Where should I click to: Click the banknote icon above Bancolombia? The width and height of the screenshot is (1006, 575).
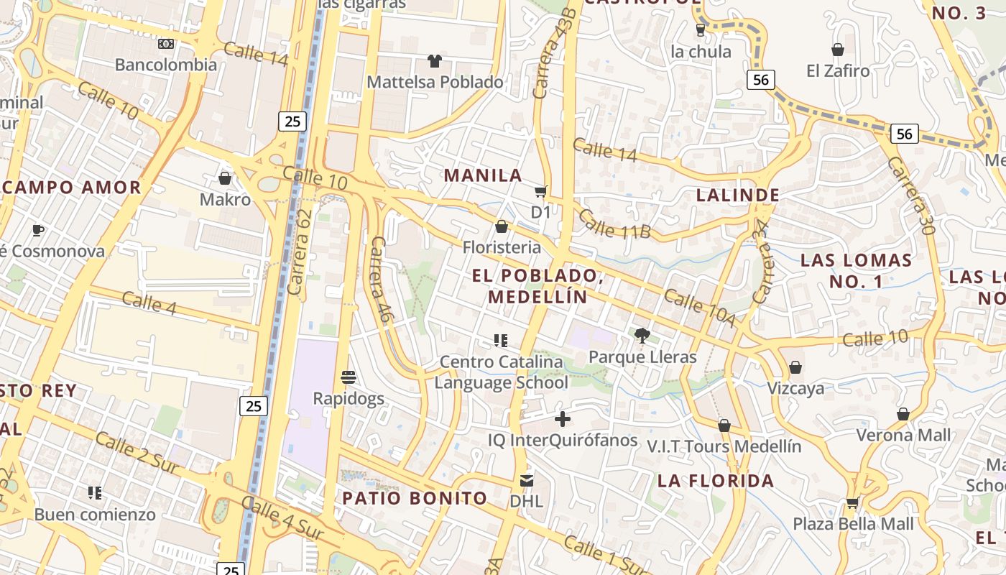[166, 44]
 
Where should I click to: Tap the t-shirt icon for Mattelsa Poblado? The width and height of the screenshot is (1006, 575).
[435, 61]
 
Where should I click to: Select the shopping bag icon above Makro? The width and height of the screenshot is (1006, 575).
[225, 178]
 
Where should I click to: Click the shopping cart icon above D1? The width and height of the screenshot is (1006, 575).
[540, 191]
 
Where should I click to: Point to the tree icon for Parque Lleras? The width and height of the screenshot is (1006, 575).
[642, 335]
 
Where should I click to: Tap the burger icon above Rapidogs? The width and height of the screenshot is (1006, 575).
[349, 377]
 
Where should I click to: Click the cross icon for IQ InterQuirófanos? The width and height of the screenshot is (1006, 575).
[563, 419]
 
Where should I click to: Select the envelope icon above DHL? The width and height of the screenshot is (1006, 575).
[527, 480]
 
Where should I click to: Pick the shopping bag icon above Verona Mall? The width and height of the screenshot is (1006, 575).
[903, 415]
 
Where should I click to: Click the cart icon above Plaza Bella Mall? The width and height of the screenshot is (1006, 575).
[853, 503]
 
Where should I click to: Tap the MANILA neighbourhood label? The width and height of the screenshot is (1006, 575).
[483, 175]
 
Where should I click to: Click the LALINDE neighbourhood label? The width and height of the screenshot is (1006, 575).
[738, 195]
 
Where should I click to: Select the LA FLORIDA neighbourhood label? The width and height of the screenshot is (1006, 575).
[716, 481]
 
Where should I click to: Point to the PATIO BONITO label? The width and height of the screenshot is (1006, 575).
[415, 498]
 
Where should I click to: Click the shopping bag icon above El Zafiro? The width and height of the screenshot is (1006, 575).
[838, 50]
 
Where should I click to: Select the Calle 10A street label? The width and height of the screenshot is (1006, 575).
[699, 307]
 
